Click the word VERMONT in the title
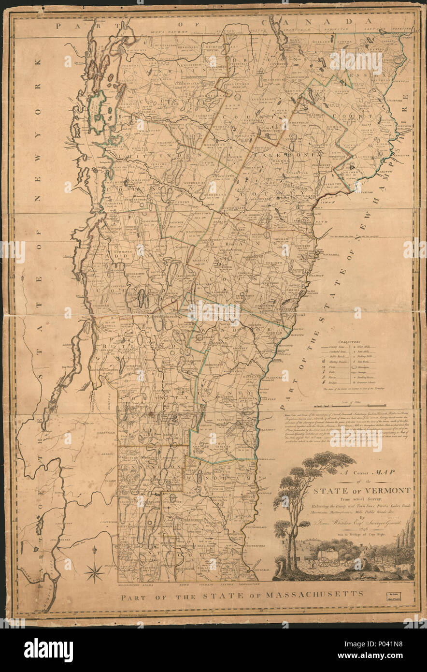click(x=386, y=490)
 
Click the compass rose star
click(x=95, y=572)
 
